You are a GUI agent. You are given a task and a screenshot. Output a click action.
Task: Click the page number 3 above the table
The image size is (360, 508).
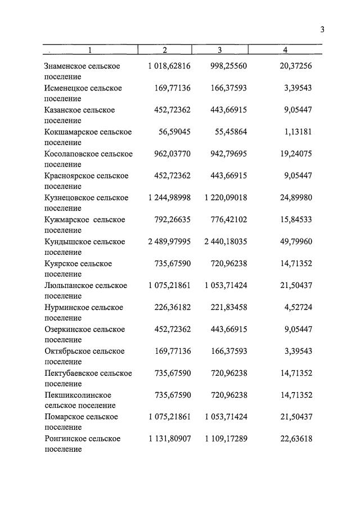coord(322,30)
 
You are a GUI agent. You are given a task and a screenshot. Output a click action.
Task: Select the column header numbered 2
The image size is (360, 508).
coord(164,50)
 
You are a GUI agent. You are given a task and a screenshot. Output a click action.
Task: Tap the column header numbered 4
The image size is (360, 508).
coord(285,50)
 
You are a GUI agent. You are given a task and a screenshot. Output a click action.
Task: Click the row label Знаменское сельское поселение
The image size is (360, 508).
coord(82,71)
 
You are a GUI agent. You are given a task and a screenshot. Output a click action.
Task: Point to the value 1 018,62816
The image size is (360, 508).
coord(169,66)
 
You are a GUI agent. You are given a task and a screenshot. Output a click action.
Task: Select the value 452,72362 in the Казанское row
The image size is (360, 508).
coord(172,110)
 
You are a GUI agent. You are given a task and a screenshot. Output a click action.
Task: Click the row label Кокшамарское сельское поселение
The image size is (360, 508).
coord(88,137)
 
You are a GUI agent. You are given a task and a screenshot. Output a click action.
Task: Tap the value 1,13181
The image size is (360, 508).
coord(295,132)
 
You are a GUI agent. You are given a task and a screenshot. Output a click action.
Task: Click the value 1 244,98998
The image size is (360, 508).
coord(169,198)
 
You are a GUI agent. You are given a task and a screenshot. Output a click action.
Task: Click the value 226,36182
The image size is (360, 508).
coord(172,308)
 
